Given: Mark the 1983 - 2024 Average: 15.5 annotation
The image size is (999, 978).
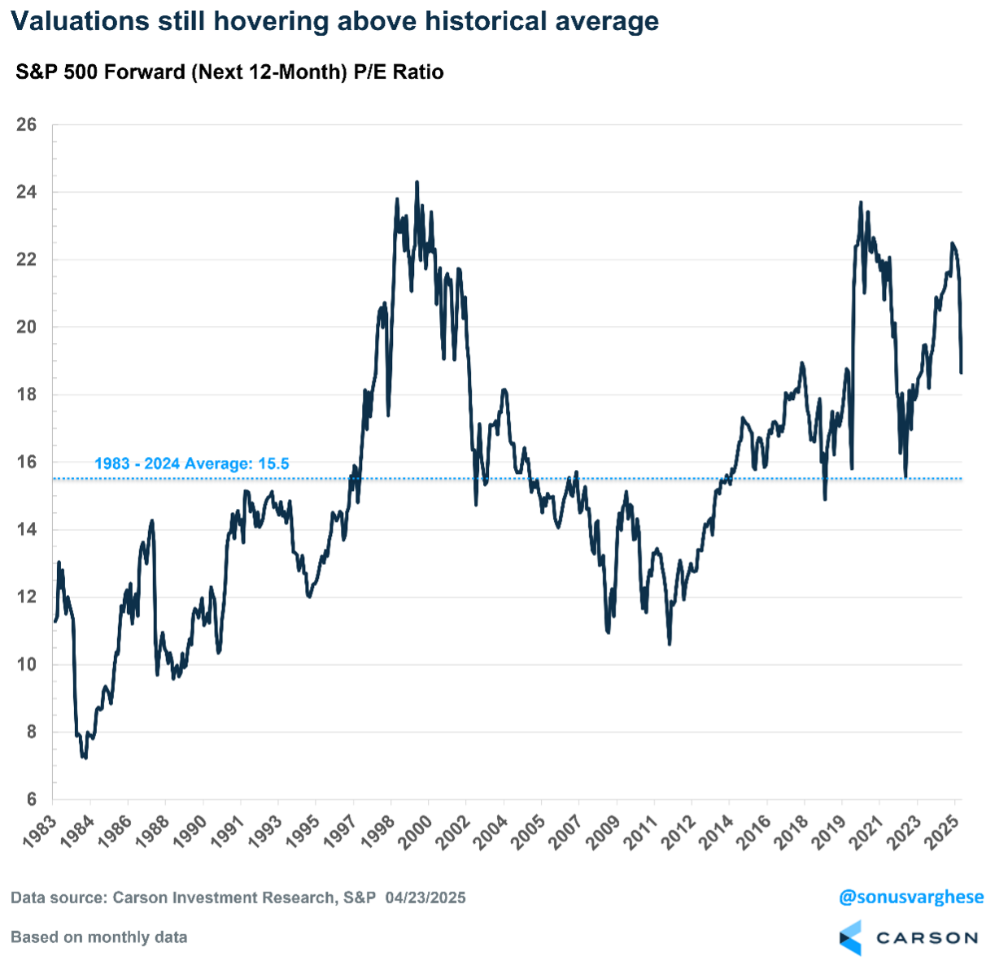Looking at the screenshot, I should coord(192,464).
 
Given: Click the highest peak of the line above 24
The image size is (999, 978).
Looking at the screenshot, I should coord(417,183).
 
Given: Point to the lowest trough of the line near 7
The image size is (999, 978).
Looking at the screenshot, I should coord(84,758).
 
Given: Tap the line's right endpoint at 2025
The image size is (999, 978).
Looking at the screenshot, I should coord(962,372).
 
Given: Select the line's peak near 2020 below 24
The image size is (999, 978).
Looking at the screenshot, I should coord(860,203).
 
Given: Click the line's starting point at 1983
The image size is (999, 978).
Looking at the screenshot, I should coord(55,621).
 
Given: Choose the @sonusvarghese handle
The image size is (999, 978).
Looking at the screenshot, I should coord(911,898).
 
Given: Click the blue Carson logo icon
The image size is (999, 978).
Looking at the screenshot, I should coord(850,937).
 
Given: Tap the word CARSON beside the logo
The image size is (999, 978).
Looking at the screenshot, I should coord(926,937).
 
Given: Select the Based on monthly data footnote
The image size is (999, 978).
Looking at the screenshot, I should coord(99,937).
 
